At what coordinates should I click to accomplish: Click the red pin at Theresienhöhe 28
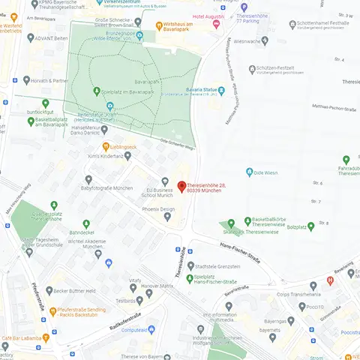coord(180,186)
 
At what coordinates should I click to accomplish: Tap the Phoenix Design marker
coord(167,217)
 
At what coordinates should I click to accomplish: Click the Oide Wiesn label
coord(265,172)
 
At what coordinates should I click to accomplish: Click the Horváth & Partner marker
coord(27,79)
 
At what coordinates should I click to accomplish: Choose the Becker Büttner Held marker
coord(49,290)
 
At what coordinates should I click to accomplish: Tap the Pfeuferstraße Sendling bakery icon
coord(52,310)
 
